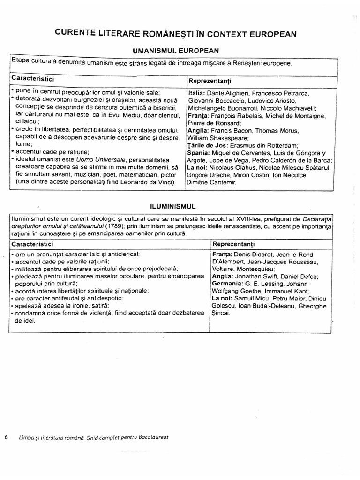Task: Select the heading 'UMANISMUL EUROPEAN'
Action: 176,50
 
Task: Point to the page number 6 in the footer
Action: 7,437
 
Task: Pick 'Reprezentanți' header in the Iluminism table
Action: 233,244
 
